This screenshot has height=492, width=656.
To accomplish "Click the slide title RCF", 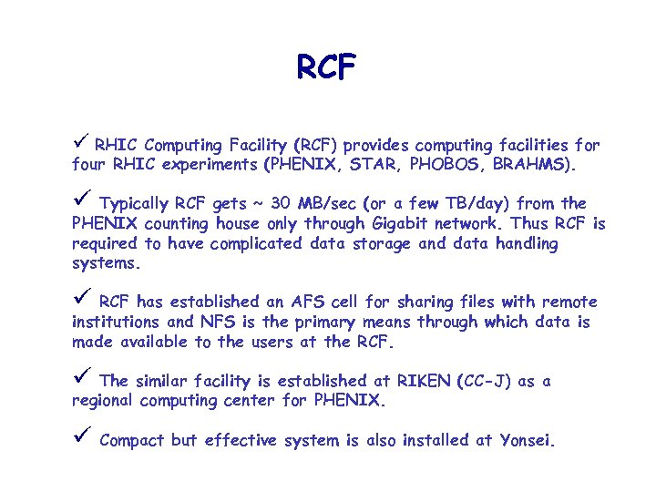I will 327,67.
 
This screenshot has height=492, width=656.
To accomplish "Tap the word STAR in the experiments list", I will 375,166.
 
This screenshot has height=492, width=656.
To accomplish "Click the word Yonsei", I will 527,440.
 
